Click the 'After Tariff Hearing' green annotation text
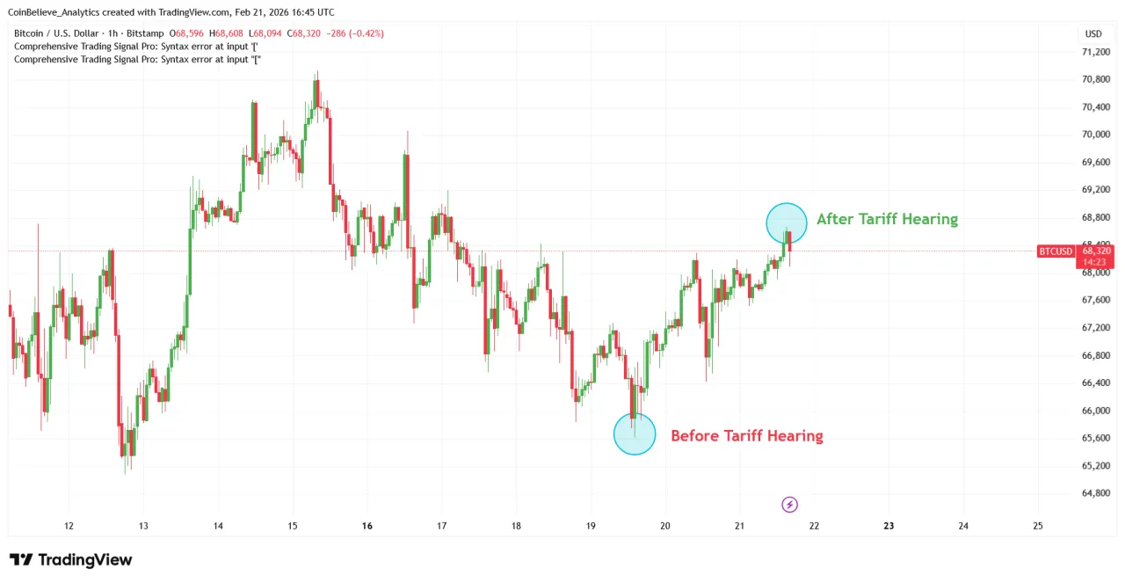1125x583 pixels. pyautogui.click(x=887, y=219)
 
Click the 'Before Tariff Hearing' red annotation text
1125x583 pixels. pyautogui.click(x=746, y=435)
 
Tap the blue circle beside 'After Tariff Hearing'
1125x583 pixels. pyautogui.click(x=786, y=223)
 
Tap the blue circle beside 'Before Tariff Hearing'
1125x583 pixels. pyautogui.click(x=634, y=434)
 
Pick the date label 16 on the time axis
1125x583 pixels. pyautogui.click(x=367, y=526)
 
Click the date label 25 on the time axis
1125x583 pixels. pyautogui.click(x=1037, y=526)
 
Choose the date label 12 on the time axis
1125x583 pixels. pyautogui.click(x=69, y=526)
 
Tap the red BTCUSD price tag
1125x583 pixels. pyautogui.click(x=1056, y=251)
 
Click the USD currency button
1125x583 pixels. pyautogui.click(x=1093, y=33)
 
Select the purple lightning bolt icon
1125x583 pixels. pyautogui.click(x=789, y=504)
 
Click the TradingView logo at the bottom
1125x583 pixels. pyautogui.click(x=70, y=560)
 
